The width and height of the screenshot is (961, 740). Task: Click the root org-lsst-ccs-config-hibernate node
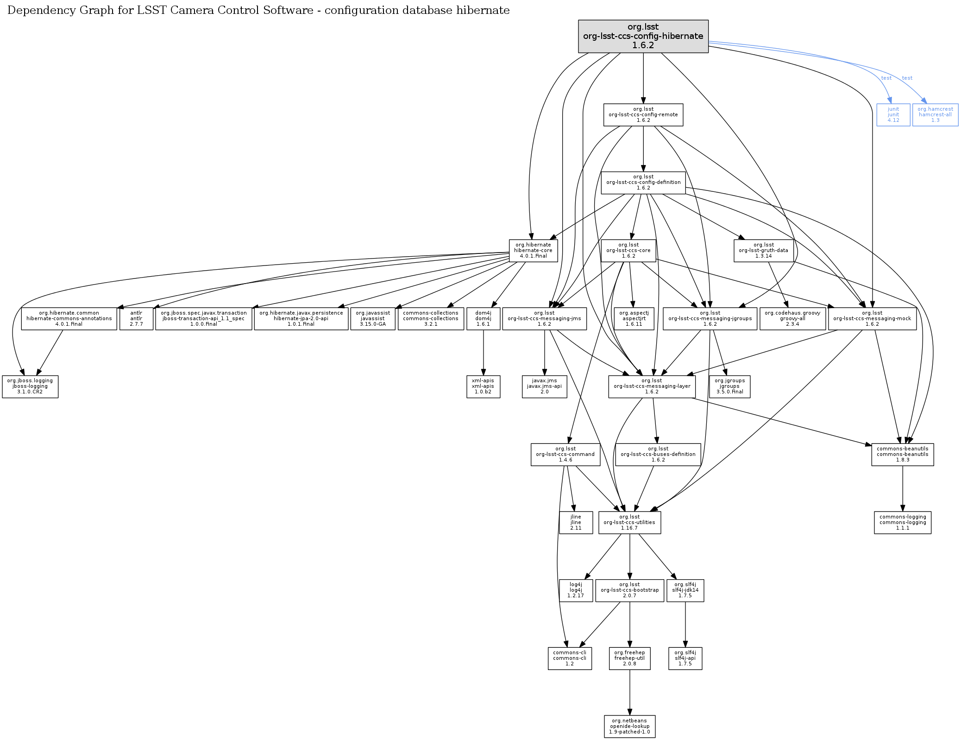[643, 36]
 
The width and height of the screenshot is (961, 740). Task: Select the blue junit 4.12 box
[893, 114]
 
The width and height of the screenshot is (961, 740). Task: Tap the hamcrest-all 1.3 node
[935, 114]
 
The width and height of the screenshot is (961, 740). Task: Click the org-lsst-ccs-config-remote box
[643, 114]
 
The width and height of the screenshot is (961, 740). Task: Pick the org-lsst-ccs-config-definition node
[643, 183]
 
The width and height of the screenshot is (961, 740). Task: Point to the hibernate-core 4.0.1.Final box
[533, 251]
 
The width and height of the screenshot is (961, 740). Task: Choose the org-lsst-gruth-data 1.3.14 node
[763, 251]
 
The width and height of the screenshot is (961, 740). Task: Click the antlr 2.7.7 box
[136, 318]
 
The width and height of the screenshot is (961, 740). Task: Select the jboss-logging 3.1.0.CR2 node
[30, 386]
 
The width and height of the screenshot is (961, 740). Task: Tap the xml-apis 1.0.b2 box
[483, 386]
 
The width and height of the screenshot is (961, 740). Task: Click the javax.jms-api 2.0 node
[544, 386]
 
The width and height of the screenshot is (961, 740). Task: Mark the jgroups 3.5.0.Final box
[729, 386]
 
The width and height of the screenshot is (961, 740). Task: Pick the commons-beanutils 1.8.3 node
[902, 455]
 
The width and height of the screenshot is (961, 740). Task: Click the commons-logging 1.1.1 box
[902, 522]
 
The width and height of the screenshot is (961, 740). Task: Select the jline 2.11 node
[576, 522]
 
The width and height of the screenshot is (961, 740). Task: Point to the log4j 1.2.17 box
[576, 590]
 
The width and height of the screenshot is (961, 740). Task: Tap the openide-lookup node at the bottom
[629, 726]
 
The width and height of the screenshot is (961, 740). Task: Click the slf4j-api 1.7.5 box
[685, 658]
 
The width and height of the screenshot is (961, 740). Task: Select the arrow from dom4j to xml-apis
[483, 352]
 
